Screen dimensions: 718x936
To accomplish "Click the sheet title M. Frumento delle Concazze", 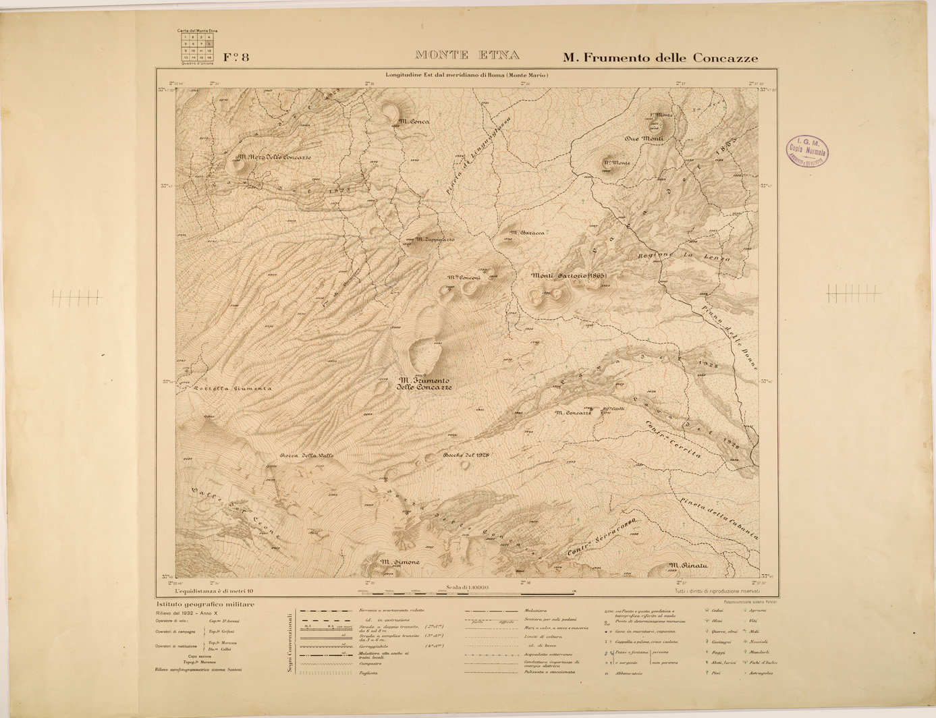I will pyautogui.click(x=660, y=58).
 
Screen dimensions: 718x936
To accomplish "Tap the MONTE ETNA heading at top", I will pyautogui.click(x=467, y=55).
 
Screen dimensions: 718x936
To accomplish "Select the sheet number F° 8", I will pyautogui.click(x=236, y=57).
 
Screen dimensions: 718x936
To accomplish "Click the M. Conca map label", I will pyautogui.click(x=413, y=121).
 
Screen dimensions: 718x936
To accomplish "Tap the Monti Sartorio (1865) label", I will pyautogui.click(x=568, y=275).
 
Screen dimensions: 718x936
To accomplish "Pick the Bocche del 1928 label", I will pyautogui.click(x=466, y=455).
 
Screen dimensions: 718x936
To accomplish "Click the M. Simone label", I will pyautogui.click(x=400, y=562).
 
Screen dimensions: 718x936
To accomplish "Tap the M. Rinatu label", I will pyautogui.click(x=688, y=565).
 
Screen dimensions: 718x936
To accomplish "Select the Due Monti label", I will pyautogui.click(x=644, y=138).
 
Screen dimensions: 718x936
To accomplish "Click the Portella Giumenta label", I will pyautogui.click(x=232, y=389).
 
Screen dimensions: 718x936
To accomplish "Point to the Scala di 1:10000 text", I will pyautogui.click(x=466, y=588).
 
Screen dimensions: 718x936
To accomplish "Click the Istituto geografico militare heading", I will pyautogui.click(x=205, y=605).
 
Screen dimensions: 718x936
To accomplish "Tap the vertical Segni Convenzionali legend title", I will pyautogui.click(x=289, y=642).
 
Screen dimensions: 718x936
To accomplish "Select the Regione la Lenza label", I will pyautogui.click(x=684, y=256).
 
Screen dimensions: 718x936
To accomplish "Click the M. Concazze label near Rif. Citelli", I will pyautogui.click(x=573, y=412).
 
